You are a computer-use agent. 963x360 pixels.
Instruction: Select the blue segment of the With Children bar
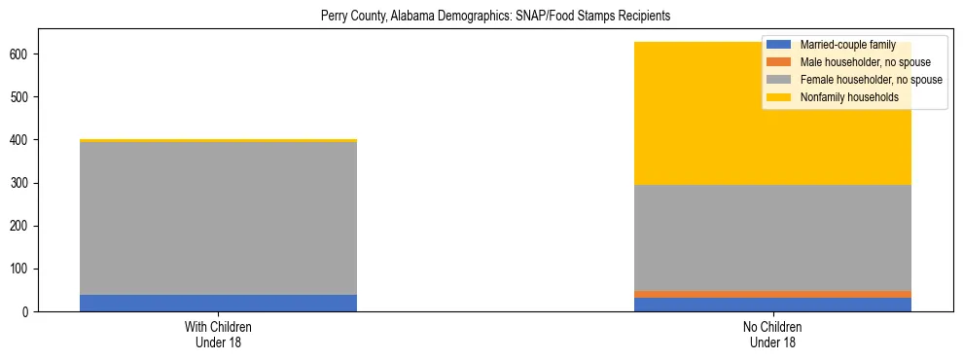(x=218, y=303)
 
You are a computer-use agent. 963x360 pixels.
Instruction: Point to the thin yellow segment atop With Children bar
(x=218, y=141)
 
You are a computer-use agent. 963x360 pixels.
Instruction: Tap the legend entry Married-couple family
(x=847, y=45)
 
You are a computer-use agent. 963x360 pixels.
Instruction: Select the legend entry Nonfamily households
(x=849, y=97)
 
